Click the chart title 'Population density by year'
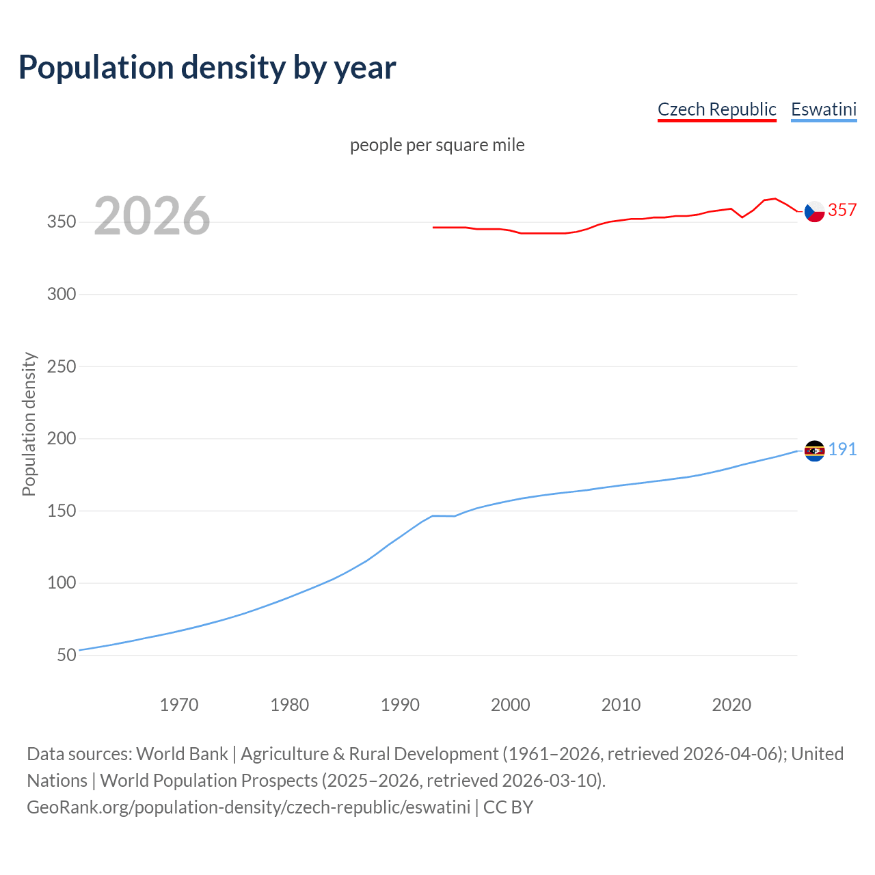pos(207,67)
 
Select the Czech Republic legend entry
pos(716,109)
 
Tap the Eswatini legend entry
pos(824,109)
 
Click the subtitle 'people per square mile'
pos(437,145)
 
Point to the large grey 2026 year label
pos(152,216)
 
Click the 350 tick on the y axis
pos(61,222)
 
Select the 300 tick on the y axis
pos(61,295)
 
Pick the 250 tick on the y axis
pos(61,366)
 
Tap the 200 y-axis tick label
pos(61,439)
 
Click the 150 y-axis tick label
pos(61,511)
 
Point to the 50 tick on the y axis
pos(66,655)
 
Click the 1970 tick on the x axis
pos(179,705)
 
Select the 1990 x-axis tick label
pos(400,705)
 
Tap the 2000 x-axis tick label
pos(511,705)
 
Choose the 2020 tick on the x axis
pos(731,705)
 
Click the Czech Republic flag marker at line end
pos(814,212)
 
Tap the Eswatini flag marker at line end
pos(814,450)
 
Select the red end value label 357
pos(842,210)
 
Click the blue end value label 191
pos(842,449)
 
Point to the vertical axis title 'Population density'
pos(29,424)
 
